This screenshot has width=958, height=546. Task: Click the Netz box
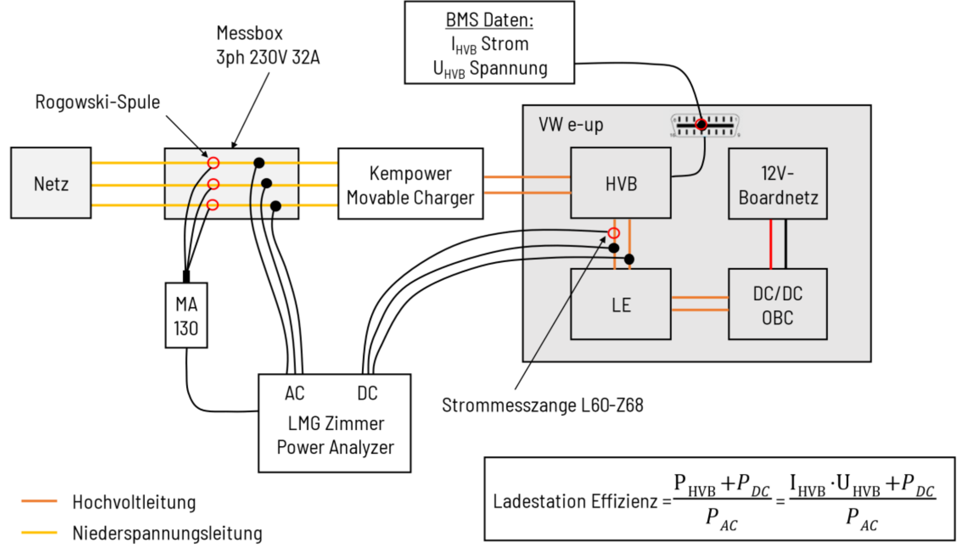(51, 183)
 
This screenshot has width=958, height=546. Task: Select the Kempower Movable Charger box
(410, 184)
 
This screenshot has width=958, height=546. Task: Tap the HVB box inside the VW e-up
(621, 183)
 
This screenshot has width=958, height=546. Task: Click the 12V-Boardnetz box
(778, 184)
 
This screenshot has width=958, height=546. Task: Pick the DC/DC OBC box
(778, 305)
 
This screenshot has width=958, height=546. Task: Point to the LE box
(621, 305)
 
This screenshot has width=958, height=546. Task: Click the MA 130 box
(186, 316)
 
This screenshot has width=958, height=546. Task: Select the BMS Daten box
(489, 43)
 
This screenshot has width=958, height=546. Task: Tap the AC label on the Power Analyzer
(295, 393)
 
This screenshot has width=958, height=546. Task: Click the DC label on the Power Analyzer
(368, 393)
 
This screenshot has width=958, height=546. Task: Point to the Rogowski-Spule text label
(97, 102)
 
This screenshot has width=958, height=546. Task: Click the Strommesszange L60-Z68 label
(542, 405)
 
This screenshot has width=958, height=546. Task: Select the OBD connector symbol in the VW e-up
(705, 125)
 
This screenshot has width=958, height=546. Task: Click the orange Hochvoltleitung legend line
(39, 501)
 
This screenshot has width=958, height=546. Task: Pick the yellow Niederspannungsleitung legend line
(39, 532)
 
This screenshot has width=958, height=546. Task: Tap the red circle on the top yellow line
(214, 163)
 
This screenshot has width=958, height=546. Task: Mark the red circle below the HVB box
(614, 233)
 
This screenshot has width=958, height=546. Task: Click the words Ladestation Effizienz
(575, 502)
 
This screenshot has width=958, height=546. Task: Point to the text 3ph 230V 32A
(268, 57)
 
